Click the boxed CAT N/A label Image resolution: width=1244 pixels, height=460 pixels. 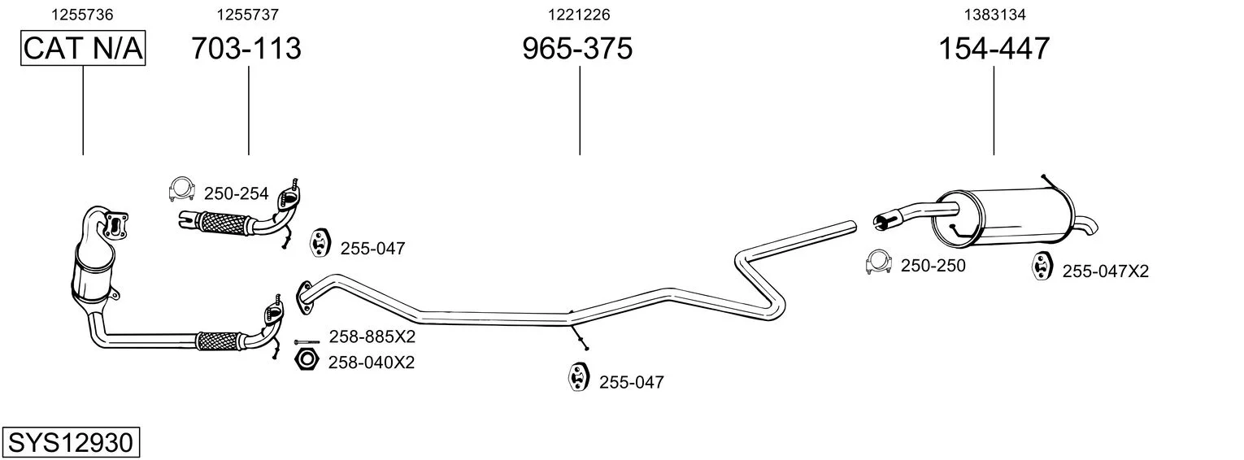point(83,48)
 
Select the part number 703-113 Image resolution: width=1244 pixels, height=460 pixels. point(246,48)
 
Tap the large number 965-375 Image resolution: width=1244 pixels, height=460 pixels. point(577,48)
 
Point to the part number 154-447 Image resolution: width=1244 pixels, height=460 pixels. point(994,48)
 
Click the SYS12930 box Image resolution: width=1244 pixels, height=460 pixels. point(71,442)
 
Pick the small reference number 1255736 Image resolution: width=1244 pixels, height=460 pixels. point(82,15)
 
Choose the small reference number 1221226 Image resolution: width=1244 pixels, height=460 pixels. point(579,15)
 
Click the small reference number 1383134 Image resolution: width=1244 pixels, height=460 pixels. point(994,15)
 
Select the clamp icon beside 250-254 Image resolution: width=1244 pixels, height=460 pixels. point(181,190)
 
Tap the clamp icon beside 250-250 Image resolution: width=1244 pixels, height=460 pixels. point(879,263)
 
